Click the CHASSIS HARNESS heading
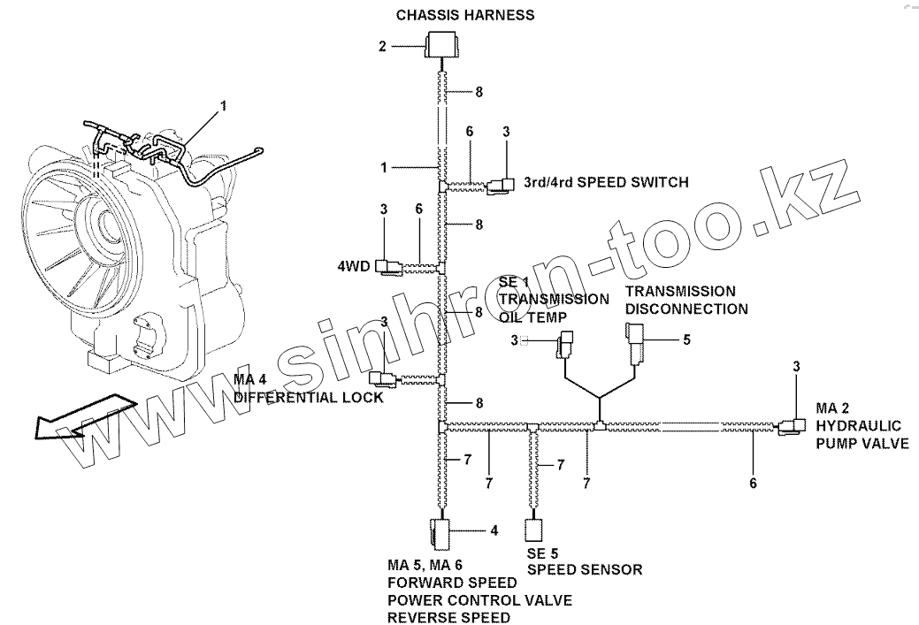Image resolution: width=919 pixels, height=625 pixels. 464,15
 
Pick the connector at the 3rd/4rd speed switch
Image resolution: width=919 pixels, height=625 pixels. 503,184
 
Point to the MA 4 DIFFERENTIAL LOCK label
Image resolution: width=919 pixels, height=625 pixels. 308,389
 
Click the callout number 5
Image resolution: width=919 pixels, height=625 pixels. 685,339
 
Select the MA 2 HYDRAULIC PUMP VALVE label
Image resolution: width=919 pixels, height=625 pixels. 862,425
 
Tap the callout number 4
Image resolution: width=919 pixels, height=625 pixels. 494,530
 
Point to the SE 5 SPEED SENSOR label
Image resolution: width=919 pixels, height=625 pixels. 584,561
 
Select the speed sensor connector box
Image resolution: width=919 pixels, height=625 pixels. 533,530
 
